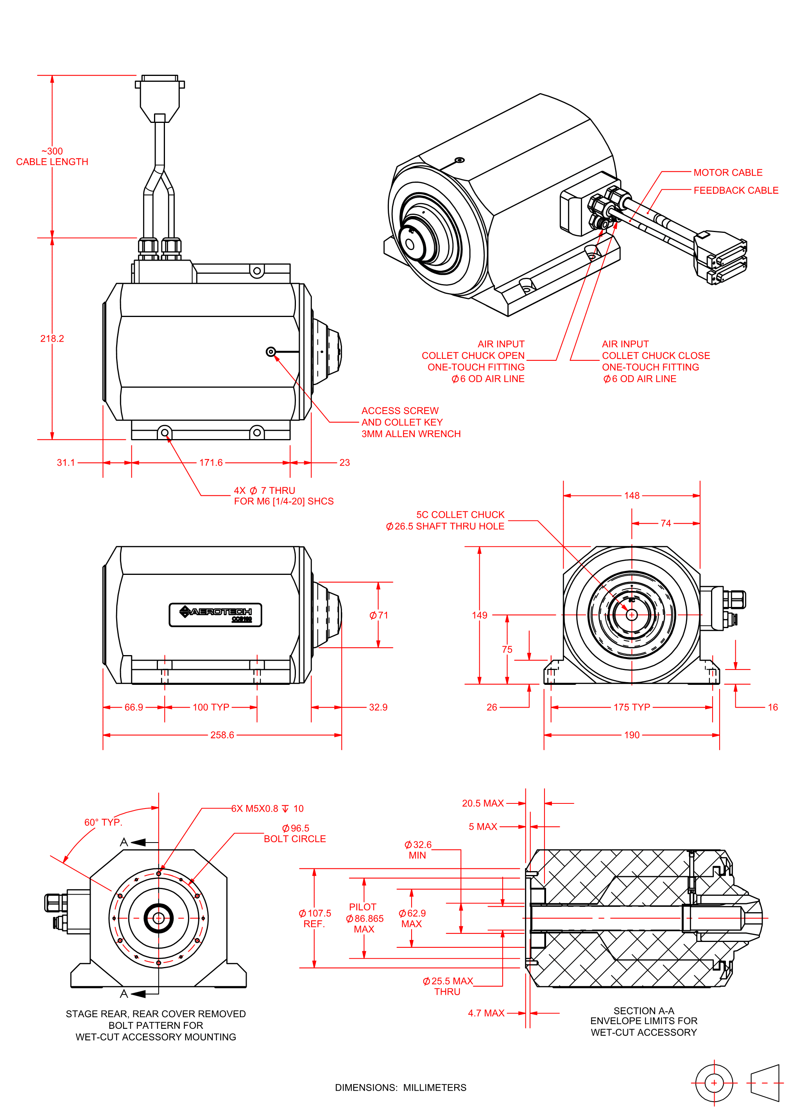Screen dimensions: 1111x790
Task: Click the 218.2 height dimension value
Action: pos(52,339)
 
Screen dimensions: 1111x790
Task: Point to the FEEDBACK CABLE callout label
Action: pos(736,190)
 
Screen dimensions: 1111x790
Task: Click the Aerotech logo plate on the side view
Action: pos(215,614)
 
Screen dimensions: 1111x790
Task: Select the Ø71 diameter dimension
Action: pos(378,616)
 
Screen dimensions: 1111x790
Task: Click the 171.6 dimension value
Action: pos(211,463)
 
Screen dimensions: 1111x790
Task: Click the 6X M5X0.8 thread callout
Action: pos(267,808)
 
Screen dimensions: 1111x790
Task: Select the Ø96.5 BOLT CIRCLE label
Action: pos(295,834)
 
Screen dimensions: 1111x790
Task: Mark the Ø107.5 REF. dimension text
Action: pos(314,918)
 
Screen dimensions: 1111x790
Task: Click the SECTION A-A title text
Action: pos(643,1011)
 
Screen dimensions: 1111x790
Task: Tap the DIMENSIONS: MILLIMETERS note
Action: pos(400,1088)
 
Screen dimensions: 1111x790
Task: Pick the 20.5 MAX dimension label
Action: pos(483,803)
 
